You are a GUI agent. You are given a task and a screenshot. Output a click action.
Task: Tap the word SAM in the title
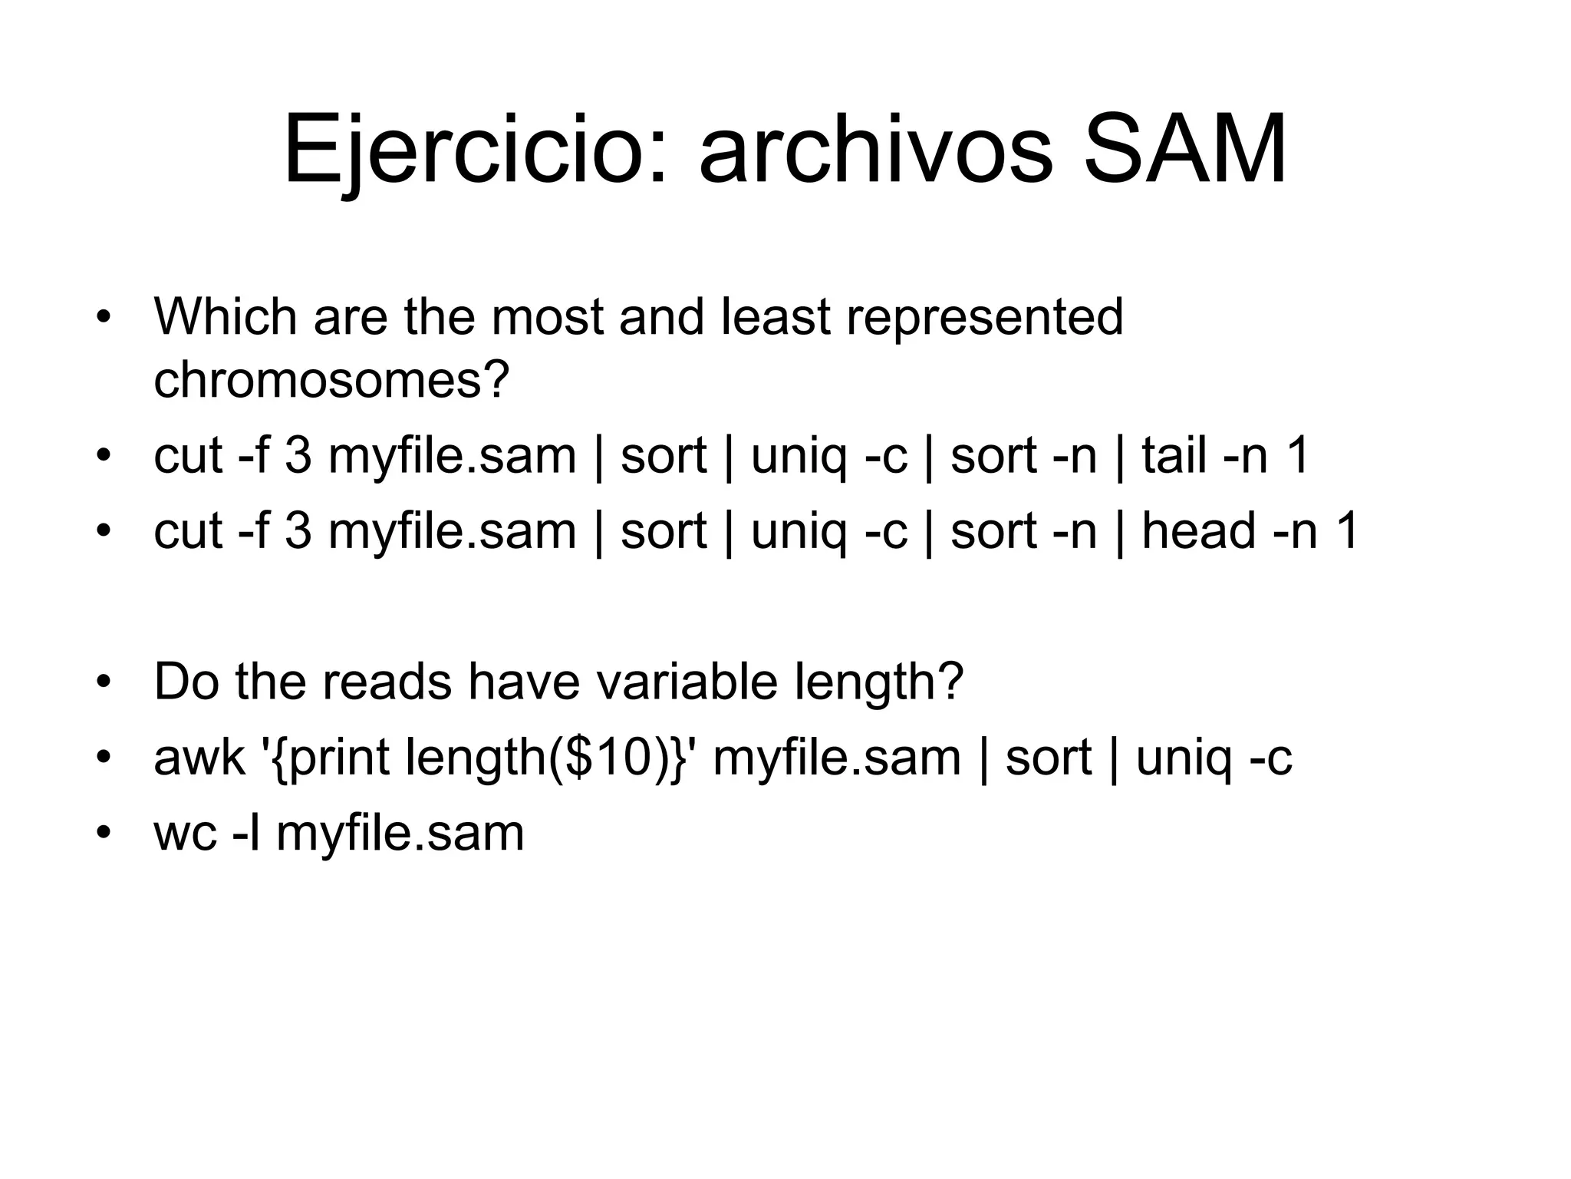point(1184,150)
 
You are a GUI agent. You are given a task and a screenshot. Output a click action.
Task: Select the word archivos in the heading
point(875,150)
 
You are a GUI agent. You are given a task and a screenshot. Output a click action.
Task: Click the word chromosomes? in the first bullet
point(331,379)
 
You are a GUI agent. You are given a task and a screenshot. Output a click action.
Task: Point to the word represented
point(984,316)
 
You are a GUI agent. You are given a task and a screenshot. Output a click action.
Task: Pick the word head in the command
point(1197,530)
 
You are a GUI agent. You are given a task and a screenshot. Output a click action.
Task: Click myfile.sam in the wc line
point(400,834)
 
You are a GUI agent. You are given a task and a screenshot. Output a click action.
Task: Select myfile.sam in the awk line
point(837,758)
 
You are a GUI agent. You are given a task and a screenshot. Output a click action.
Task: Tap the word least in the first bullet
point(776,316)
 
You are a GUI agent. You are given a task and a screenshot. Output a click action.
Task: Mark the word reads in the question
point(387,682)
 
